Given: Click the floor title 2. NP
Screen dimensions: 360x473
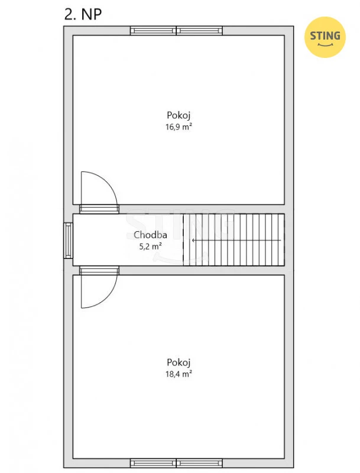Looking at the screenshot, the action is click(83, 14).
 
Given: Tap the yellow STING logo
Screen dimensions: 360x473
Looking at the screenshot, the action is click(325, 37).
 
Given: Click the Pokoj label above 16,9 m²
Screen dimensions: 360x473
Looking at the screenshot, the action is click(179, 115).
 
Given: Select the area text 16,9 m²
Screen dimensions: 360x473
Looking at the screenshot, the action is click(179, 127).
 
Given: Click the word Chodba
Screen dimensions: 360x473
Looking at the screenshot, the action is click(150, 235).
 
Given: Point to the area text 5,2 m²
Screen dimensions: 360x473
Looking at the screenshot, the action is click(150, 247).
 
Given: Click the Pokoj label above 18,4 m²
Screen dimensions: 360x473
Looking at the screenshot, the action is click(179, 362).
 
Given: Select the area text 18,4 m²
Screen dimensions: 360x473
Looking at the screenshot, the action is click(179, 374).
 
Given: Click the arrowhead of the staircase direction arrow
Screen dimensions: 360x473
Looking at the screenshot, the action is click(193, 241).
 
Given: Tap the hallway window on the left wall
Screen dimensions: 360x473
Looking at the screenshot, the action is click(68, 241).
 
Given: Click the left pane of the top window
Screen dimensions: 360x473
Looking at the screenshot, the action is click(153, 31).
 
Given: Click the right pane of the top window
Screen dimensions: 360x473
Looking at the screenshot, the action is click(199, 31).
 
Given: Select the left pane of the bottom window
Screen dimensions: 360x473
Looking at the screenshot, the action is click(153, 463).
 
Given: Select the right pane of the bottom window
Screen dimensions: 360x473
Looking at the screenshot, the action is click(199, 463).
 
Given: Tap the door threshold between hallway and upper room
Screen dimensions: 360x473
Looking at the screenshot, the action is click(99, 209).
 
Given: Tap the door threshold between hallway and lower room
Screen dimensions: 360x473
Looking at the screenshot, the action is click(99, 270).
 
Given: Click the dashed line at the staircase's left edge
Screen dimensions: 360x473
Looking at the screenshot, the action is click(183, 240).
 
